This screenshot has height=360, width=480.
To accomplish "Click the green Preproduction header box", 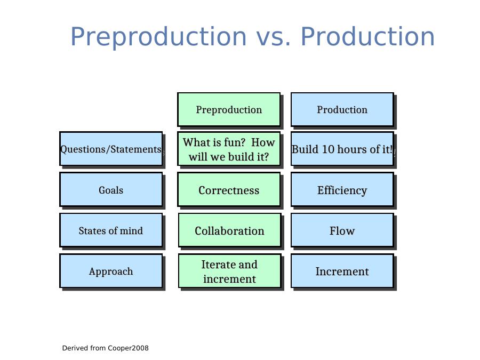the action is coord(229,109).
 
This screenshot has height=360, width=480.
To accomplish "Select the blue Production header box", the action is coord(342,109).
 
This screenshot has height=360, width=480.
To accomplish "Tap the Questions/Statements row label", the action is coord(111,149).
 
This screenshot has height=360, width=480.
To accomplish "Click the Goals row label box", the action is coord(111,189).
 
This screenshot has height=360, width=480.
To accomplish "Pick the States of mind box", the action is coord(111,230).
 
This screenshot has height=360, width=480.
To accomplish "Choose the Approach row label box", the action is coord(111,271).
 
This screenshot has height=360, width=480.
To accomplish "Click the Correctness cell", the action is coord(229,189).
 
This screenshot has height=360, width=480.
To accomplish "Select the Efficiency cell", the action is coord(342,189).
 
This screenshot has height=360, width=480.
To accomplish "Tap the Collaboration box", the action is coord(229,230).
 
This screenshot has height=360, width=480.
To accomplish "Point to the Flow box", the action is coord(342,230).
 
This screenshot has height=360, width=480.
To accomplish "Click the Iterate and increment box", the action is coord(229,271).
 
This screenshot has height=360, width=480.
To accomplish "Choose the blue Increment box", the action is coord(342,271).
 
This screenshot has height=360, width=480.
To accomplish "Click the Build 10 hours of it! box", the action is coord(342,149).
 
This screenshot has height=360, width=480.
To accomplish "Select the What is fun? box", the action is coord(229,149).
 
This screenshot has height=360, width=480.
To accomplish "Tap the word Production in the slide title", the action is coord(367,36).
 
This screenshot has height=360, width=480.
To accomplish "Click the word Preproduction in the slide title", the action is coord(158,37).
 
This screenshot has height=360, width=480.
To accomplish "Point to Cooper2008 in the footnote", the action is coord(128,348).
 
